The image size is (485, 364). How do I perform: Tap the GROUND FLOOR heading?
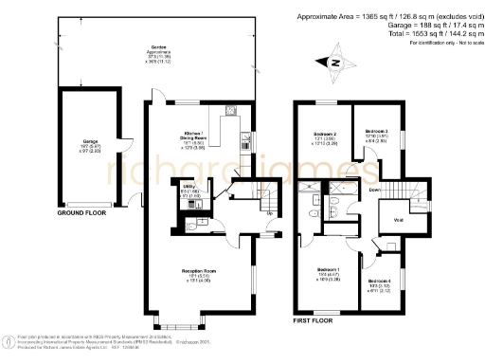tap(82, 214)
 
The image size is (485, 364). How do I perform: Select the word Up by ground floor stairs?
tap(270, 212)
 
